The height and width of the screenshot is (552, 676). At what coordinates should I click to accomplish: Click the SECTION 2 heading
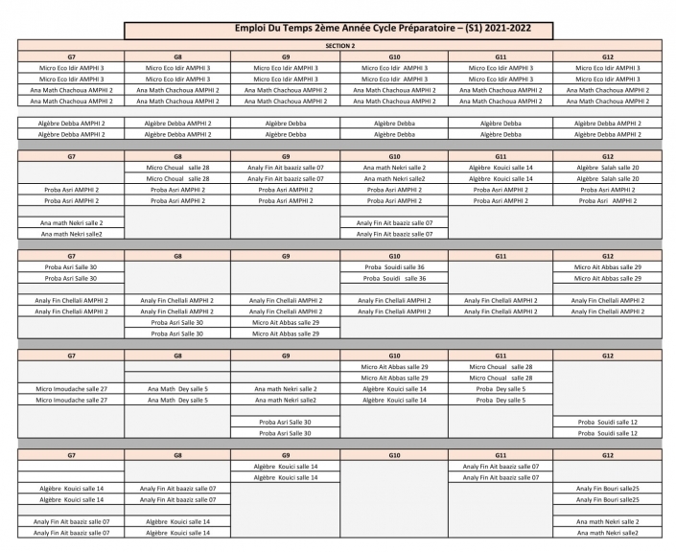(339, 46)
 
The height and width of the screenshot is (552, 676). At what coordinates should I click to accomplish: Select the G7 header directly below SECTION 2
(71, 57)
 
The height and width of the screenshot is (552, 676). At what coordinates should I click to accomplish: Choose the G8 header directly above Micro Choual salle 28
(179, 156)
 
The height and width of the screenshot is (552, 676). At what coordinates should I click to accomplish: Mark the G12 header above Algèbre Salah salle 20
(608, 156)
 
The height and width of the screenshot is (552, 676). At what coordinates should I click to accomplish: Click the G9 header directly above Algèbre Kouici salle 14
(287, 455)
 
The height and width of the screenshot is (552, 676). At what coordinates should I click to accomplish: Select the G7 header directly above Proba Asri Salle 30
(71, 256)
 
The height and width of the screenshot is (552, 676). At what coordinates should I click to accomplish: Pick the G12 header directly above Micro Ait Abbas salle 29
(608, 256)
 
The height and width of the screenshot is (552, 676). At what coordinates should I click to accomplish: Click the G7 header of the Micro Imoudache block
(71, 356)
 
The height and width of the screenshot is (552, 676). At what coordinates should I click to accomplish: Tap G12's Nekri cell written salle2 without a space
(608, 532)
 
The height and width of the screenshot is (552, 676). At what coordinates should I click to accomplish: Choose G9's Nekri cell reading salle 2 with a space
(287, 389)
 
